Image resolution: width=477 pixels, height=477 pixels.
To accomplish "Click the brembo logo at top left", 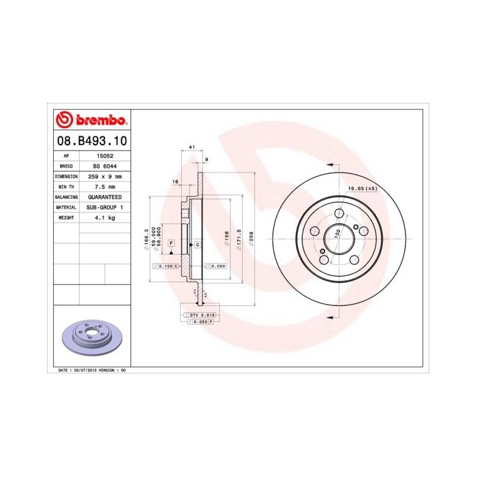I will [x=91, y=121].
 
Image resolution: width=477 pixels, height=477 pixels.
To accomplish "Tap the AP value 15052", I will [x=104, y=155].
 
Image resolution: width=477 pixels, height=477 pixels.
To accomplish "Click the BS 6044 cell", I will [x=104, y=166].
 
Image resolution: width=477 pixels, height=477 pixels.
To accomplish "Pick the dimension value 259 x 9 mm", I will [x=104, y=176].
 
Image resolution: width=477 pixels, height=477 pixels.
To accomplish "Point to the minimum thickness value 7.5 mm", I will [x=104, y=186].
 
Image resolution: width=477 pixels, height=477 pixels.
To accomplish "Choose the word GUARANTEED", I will [x=104, y=196].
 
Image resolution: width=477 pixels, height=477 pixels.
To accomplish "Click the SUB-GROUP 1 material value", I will [x=104, y=206].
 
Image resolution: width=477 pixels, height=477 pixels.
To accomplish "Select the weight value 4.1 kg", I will [x=104, y=217].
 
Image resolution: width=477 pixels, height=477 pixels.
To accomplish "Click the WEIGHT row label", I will [x=66, y=217].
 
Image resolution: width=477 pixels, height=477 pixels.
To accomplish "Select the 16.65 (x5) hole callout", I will [x=363, y=188].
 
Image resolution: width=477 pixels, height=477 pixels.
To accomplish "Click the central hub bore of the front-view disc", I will [x=335, y=240].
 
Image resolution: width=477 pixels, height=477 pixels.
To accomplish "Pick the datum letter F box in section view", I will [x=170, y=243].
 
